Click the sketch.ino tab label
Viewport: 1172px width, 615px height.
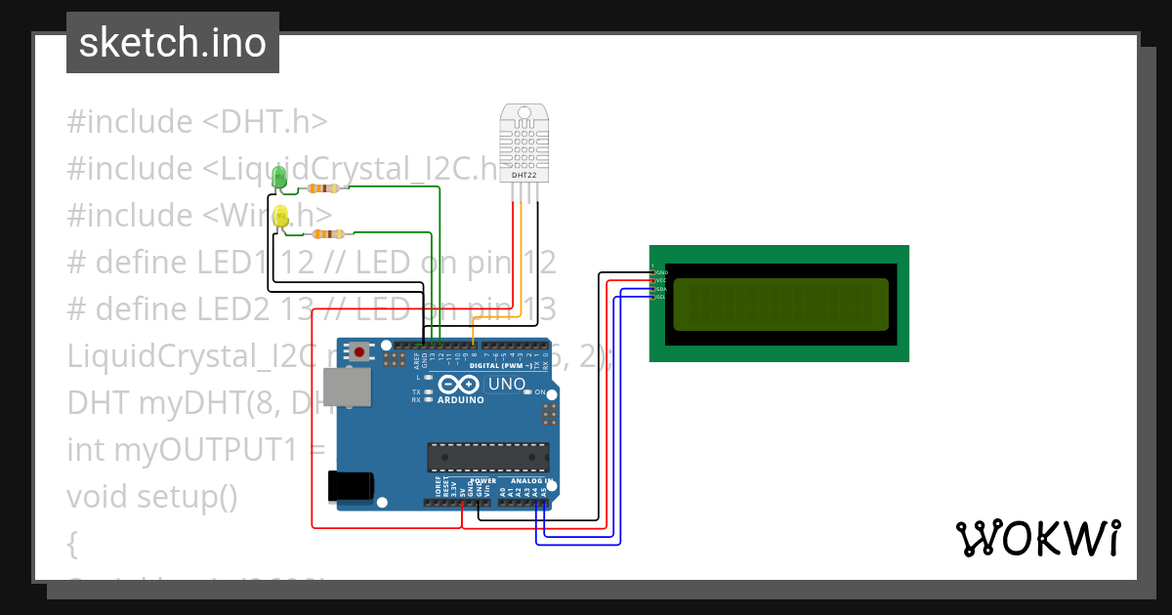(x=173, y=43)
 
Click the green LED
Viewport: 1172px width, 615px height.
(x=279, y=178)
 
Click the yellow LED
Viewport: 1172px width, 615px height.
(x=281, y=218)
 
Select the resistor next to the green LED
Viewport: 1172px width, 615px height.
(x=322, y=188)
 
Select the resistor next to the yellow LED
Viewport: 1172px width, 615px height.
(x=328, y=234)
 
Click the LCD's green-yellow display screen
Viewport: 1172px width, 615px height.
(x=781, y=305)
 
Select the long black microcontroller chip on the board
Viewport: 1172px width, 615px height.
(x=487, y=457)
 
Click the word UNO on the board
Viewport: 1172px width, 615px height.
(x=506, y=385)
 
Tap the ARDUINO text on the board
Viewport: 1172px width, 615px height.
(x=461, y=400)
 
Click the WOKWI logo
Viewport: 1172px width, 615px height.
(x=1037, y=539)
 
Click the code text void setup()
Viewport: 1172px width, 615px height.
(x=152, y=496)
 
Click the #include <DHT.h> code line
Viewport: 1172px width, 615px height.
(x=197, y=122)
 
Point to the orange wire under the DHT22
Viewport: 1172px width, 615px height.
(x=520, y=264)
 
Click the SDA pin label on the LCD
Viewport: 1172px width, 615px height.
(x=660, y=289)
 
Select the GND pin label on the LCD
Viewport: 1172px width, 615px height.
(x=660, y=272)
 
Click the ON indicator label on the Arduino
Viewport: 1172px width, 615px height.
(x=539, y=391)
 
